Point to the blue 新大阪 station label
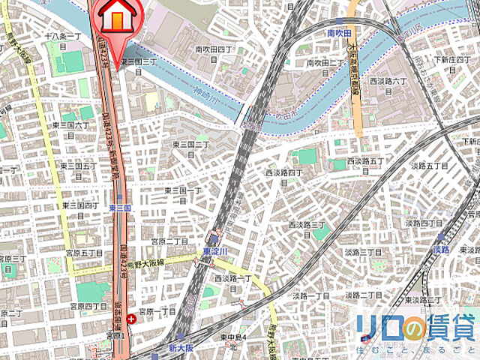click(x=181, y=349)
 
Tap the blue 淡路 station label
click(x=441, y=249)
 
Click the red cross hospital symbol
click(x=133, y=319)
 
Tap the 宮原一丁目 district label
click(x=158, y=310)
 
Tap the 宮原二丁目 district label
click(x=169, y=241)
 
